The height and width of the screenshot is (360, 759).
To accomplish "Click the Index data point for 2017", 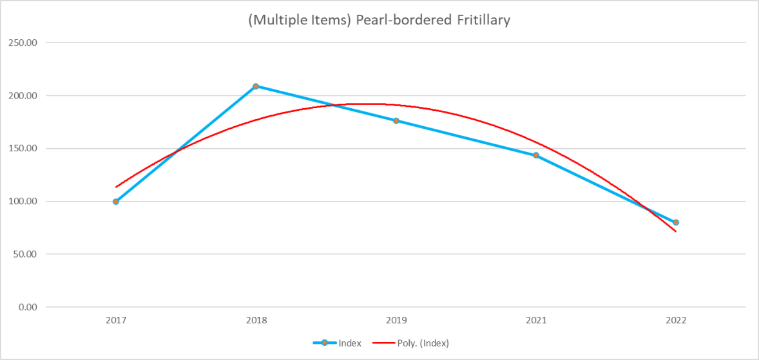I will coord(116,202).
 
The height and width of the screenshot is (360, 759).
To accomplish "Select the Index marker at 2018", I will coord(256,86).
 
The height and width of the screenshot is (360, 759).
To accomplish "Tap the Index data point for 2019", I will coord(396,120).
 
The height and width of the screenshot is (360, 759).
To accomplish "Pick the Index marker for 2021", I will coord(536,155).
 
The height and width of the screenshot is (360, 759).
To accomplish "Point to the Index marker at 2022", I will coord(676,222).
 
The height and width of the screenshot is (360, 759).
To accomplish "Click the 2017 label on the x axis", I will coord(116,319).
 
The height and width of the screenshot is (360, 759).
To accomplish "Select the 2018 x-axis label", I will coord(256,319).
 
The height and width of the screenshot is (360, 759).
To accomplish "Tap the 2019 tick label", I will coord(396,319).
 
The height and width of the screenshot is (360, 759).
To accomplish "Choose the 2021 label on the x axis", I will coord(536,319).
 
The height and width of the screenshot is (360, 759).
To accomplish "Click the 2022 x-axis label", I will coord(676,319).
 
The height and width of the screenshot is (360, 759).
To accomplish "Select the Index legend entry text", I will coord(350,343).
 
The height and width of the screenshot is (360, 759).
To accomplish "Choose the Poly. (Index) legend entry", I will coord(422,343).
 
